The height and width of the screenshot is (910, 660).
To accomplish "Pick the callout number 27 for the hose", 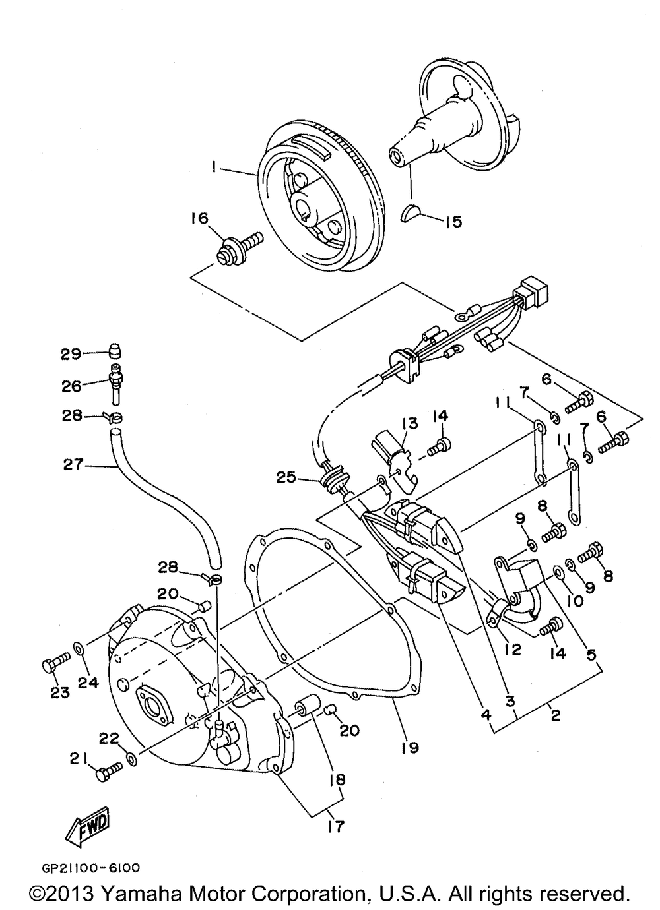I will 73,465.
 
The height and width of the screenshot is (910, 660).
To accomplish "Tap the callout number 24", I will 88,682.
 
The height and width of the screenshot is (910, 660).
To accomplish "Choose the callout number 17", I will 337,826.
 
